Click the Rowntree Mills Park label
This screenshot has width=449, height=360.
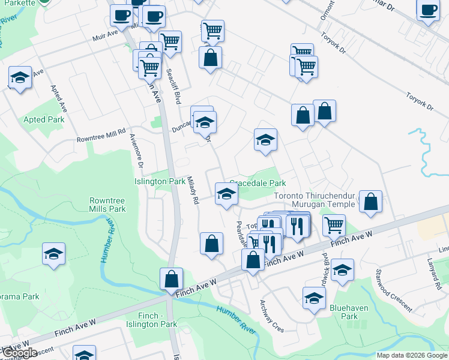[x=107, y=205]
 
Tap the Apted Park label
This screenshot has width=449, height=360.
[x=43, y=119]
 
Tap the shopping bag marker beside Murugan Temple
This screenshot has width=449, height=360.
[x=371, y=202]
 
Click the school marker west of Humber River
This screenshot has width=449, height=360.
[x=53, y=254]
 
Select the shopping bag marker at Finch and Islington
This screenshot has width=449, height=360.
[x=171, y=278]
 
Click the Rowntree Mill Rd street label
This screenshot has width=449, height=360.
[x=100, y=134]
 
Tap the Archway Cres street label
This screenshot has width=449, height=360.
[x=271, y=316]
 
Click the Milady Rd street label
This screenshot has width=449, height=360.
[x=193, y=190]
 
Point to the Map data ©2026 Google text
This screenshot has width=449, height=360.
[x=411, y=355]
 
